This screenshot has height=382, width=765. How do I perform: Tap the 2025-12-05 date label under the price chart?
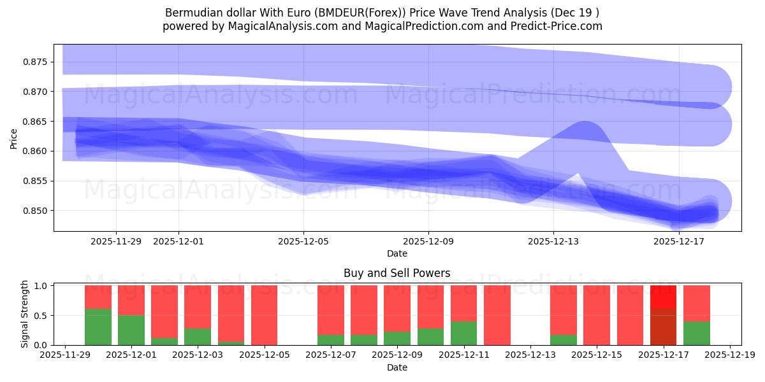point(303,241)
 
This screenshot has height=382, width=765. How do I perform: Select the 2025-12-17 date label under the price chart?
point(678,241)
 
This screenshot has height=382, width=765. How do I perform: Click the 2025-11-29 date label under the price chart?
point(116,241)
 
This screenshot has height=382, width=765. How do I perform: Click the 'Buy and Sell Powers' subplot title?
point(397,273)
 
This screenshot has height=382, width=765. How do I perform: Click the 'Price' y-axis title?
point(14,139)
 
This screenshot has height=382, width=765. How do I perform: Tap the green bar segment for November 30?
point(98,327)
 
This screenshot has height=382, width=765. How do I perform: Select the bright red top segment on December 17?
point(663,297)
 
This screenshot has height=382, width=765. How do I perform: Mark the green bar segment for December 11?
point(463,333)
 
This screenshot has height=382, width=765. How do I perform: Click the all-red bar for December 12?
point(497,315)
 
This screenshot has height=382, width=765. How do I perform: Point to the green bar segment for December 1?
point(131,330)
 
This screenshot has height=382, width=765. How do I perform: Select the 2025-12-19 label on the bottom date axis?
point(729,355)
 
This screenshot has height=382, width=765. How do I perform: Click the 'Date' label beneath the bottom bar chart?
point(397,367)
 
